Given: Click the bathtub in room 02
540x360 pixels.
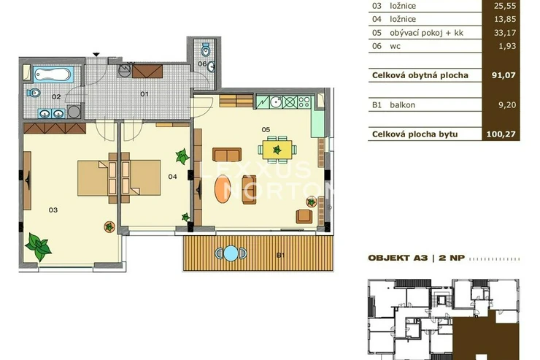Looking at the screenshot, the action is coord(53,74).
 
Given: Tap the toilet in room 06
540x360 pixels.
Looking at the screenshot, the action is coord(206,50).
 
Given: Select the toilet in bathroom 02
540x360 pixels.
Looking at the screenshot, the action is coord(34,92).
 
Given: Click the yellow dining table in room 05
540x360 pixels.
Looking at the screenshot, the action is coord(277,150).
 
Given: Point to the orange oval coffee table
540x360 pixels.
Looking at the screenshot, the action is coord(223,189).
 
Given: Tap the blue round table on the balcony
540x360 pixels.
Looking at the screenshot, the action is coord(231,253).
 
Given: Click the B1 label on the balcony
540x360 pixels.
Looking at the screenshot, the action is coord(281,256).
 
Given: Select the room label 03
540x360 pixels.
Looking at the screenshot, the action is coord(53,210).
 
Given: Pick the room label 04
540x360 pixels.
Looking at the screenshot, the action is coord(172,177).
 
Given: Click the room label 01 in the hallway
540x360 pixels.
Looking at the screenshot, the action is coord(144,93).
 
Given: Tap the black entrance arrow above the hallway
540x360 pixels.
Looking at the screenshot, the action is coord(96,55).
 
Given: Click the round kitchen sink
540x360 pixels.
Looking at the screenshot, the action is coord(276,102).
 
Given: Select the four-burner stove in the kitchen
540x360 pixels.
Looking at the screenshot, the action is coord(304,102).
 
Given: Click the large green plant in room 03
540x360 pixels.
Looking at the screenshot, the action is coord(38,246).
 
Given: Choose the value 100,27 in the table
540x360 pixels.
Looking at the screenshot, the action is coord(501,134).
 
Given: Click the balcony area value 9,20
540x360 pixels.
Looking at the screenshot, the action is coord(507,104).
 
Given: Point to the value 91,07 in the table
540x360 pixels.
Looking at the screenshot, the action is coord(504,75).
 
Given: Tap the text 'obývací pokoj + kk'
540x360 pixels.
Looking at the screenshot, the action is coord(426,33).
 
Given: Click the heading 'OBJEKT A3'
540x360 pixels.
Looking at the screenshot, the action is coord(398,258).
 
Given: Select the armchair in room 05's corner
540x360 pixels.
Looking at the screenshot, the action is coord(304,216).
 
